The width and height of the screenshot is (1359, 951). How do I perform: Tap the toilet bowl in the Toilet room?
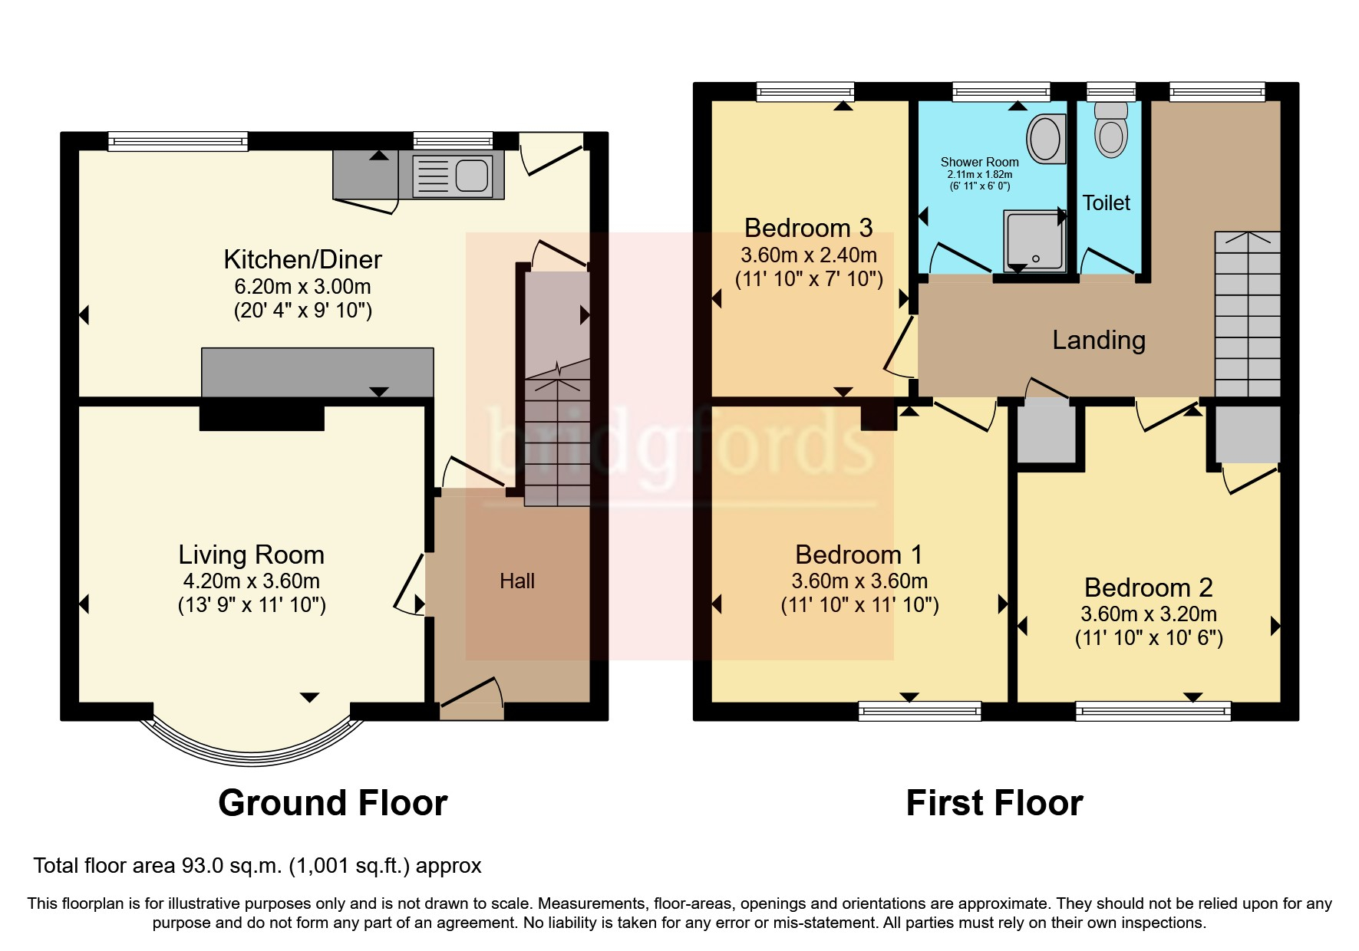[1110, 135]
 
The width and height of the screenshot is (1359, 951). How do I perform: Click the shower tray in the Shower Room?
[1034, 241]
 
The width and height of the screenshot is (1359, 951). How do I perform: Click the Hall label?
[516, 581]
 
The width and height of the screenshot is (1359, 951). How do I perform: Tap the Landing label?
[1098, 340]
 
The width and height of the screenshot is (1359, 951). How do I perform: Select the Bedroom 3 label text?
[808, 228]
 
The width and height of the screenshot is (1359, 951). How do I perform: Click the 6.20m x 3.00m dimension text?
[302, 287]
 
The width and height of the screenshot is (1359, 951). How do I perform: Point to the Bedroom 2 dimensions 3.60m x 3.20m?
[1148, 614]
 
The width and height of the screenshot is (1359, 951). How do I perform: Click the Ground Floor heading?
[332, 803]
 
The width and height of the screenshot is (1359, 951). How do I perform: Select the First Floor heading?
[994, 803]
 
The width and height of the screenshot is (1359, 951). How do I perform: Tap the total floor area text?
[257, 866]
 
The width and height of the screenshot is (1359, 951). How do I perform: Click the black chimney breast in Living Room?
[262, 418]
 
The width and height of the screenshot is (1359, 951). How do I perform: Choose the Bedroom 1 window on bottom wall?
[919, 711]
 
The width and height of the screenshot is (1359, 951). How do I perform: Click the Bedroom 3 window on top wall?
[805, 92]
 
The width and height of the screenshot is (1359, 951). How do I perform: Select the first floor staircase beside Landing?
[1247, 314]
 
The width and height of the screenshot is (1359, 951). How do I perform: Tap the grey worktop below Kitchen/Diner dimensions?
[317, 372]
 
